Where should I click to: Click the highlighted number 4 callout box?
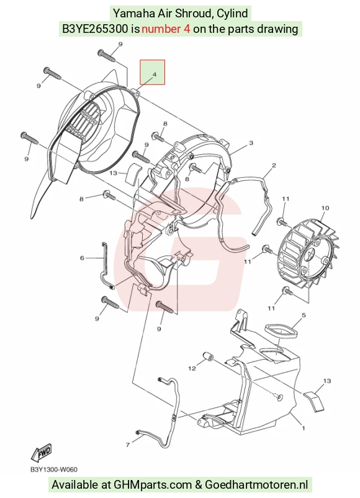pyautogui.click(x=153, y=73)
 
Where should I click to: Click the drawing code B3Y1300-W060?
pyautogui.click(x=54, y=469)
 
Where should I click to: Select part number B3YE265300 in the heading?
pyautogui.click(x=96, y=29)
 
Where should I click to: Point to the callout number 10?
pyautogui.click(x=325, y=208)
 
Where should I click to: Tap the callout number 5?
pyautogui.click(x=304, y=315)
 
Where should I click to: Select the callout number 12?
pyautogui.click(x=192, y=368)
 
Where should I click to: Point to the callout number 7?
pyautogui.click(x=128, y=445)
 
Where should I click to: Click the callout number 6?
pyautogui.click(x=82, y=258)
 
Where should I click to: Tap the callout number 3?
pyautogui.click(x=251, y=143)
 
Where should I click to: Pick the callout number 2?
pyautogui.click(x=274, y=165)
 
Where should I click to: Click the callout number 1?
pyautogui.click(x=304, y=428)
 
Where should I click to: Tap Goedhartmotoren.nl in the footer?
pyautogui.click(x=256, y=485)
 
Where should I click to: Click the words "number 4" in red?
pyautogui.click(x=166, y=29)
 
